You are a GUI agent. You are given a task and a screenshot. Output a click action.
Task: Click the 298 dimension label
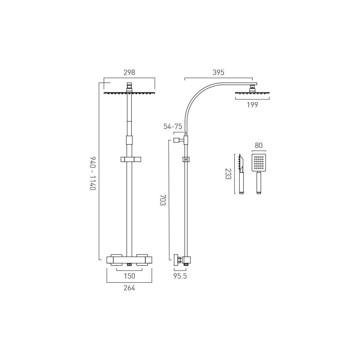click(129, 73)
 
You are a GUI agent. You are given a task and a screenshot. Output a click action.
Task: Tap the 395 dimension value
click(218, 73)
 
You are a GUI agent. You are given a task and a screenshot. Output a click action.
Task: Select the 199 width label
click(252, 105)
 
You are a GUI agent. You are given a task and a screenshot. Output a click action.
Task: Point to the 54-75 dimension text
click(173, 127)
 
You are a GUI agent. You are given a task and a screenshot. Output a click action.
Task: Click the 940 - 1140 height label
click(93, 173)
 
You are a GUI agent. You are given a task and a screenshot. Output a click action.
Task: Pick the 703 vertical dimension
click(163, 200)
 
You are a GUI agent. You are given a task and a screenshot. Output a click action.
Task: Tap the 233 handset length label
click(228, 174)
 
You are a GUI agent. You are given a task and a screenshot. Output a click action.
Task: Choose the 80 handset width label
click(259, 146)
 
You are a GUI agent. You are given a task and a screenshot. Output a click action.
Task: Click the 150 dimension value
click(130, 276)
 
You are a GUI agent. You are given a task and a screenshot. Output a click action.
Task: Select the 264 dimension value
click(129, 288)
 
